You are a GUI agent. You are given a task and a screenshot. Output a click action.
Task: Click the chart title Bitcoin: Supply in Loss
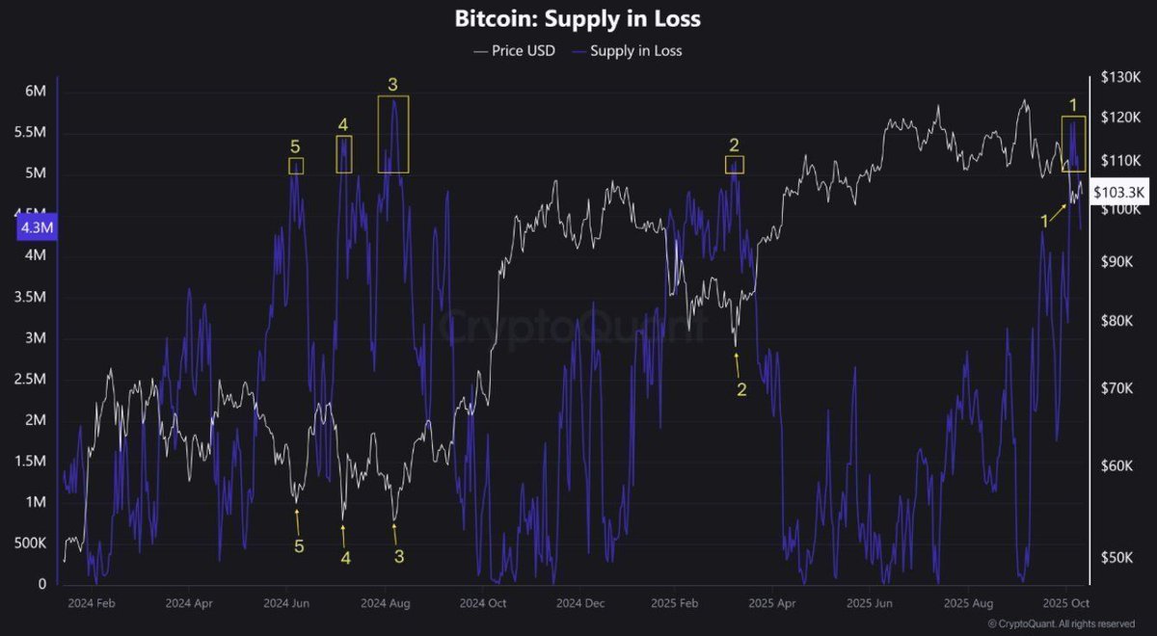[578, 17]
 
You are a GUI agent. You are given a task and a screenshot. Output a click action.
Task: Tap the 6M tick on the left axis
[36, 92]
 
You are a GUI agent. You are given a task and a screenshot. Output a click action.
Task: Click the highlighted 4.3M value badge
[37, 228]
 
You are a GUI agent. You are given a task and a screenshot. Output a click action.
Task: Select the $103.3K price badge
[1119, 193]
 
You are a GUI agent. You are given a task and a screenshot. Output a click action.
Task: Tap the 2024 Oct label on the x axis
[484, 604]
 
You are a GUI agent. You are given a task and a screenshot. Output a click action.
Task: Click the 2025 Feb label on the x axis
[674, 604]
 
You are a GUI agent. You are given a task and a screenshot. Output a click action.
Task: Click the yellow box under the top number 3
[393, 134]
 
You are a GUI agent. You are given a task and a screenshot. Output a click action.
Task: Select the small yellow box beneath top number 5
[296, 166]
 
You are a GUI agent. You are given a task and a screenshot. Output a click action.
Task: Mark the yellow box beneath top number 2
[735, 165]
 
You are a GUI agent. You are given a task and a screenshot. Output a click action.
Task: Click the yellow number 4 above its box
[343, 124]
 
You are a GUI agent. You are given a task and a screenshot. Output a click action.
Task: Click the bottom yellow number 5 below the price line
[299, 546]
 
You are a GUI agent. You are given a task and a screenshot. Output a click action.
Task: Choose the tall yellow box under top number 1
[1073, 144]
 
